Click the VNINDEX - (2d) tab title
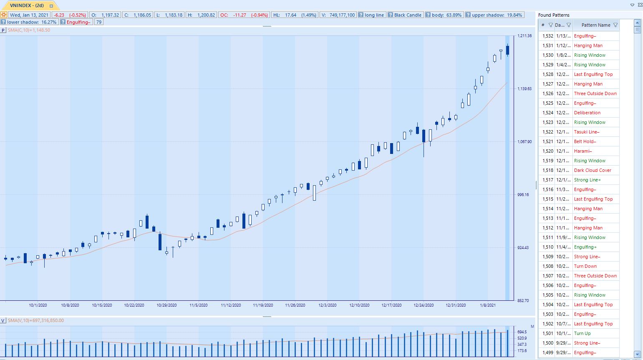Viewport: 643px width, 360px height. pos(27,6)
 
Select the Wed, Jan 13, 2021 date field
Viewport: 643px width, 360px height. pos(29,15)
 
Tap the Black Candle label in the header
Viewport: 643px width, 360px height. pos(408,15)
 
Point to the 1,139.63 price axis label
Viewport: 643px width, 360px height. pos(524,89)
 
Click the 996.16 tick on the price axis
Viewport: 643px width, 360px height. pos(523,195)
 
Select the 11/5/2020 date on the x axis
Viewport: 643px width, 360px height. pos(199,305)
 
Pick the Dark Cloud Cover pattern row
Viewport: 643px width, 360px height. pos(593,170)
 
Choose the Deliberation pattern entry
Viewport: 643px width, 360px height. pos(587,113)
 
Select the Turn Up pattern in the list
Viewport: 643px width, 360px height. pos(582,333)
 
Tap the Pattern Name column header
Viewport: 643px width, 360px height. pos(595,25)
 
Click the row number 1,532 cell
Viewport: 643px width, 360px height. pos(547,36)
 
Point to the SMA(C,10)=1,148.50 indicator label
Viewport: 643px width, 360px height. pos(29,30)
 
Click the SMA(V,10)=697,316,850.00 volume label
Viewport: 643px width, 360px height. pos(36,321)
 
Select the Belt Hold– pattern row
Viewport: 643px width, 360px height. pos(585,141)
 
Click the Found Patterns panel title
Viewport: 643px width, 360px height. pos(554,15)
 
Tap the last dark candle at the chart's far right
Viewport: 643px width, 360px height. pos(507,50)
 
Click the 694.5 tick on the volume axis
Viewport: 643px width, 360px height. pos(522,332)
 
